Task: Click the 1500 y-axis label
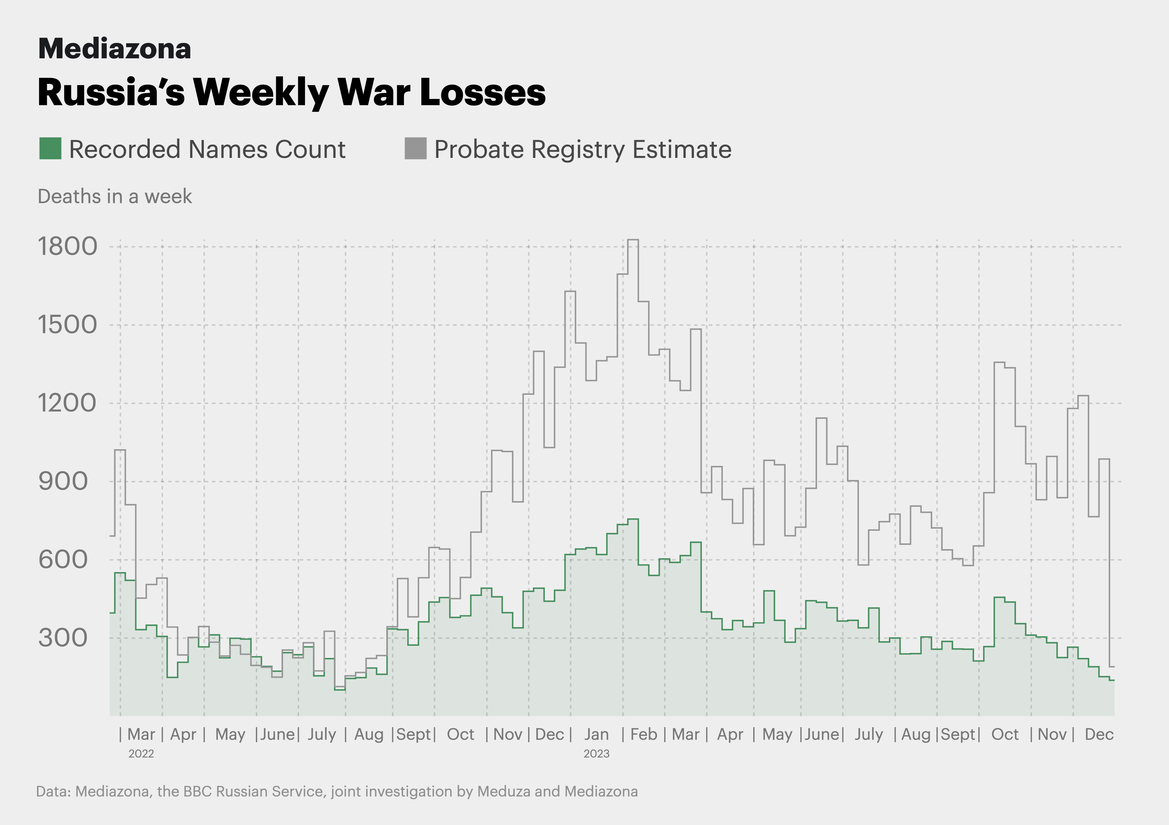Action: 67,325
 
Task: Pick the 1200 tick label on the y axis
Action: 67,403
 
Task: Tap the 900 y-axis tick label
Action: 63,482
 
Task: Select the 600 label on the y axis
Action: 63,560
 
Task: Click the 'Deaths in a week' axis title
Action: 115,197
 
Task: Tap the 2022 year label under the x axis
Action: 141,754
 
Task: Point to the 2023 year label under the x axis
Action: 596,754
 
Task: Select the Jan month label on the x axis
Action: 596,734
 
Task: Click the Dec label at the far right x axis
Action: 1099,734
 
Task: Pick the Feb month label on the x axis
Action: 643,734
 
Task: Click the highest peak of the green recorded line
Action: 633,519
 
